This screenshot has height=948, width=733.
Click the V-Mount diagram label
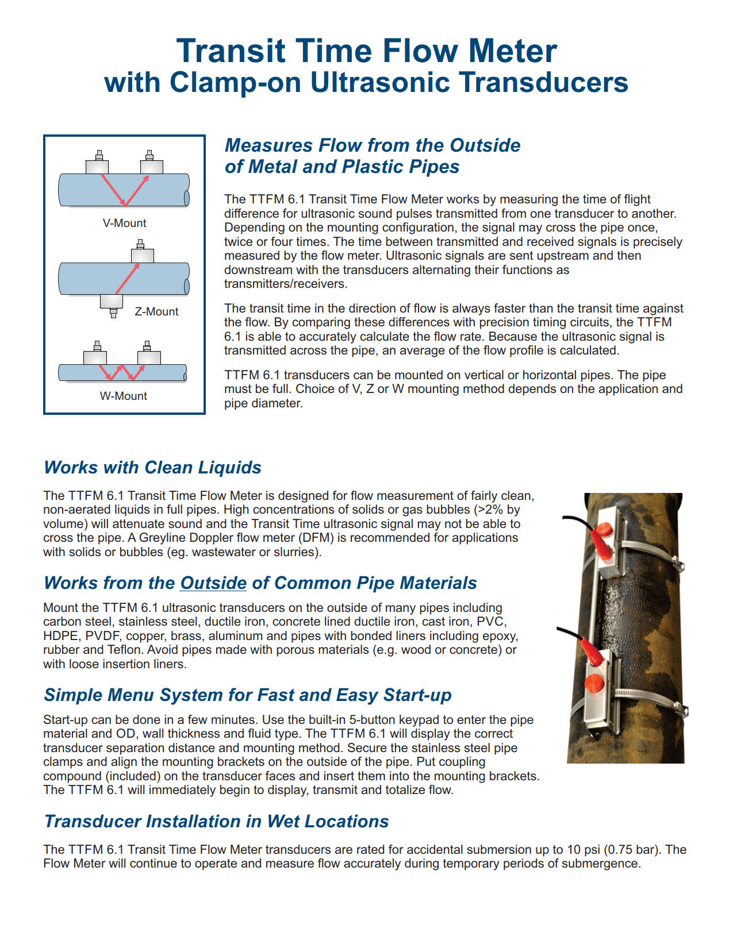[x=124, y=223]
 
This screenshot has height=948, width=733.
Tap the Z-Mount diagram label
[x=156, y=311]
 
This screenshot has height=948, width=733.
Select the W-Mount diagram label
[x=123, y=396]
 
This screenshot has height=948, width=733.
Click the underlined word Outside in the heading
[x=213, y=583]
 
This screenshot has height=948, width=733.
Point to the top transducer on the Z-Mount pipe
[x=142, y=252]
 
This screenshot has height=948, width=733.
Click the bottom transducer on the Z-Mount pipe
[x=112, y=302]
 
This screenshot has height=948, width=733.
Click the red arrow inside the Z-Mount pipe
[x=127, y=279]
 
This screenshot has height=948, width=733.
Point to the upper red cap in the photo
[x=604, y=529]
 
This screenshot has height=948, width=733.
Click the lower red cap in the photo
[x=593, y=684]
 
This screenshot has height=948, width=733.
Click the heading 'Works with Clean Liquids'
[x=152, y=467]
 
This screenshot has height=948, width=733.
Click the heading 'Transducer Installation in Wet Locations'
[x=216, y=821]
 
